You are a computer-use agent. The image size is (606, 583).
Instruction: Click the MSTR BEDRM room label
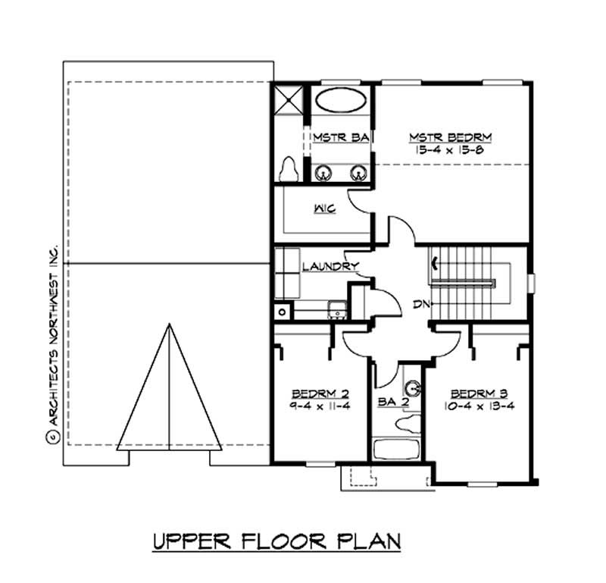(450, 137)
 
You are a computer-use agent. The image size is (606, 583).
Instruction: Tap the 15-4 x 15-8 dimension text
(450, 150)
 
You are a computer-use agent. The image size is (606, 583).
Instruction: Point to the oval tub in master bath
(340, 102)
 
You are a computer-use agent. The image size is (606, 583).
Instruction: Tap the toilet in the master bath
(288, 168)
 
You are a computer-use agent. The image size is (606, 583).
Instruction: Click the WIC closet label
(325, 208)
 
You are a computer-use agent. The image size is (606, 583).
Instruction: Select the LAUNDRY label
(330, 266)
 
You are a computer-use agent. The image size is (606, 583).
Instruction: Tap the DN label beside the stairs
(421, 304)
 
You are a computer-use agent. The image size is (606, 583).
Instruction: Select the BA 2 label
(393, 403)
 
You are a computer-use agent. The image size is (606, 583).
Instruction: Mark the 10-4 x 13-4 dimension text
(478, 406)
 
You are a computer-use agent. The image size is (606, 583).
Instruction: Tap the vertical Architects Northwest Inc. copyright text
(54, 341)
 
